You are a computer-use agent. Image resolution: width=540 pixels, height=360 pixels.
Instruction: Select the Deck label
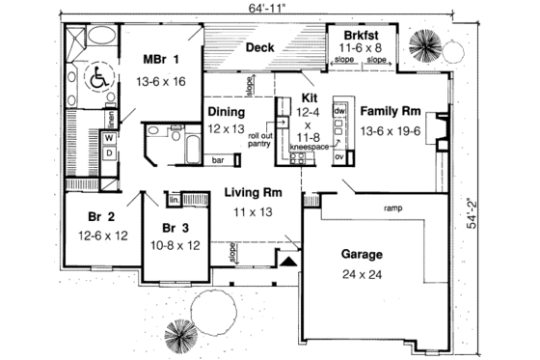(259, 47)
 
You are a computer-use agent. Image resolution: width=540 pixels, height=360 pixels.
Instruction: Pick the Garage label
(362, 255)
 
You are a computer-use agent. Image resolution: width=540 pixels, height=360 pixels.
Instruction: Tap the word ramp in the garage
(392, 208)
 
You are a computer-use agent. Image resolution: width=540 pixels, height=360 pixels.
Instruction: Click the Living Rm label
(253, 193)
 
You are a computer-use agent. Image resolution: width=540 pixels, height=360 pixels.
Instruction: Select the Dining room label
(227, 112)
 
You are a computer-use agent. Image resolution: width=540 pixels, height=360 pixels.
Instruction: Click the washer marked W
(108, 138)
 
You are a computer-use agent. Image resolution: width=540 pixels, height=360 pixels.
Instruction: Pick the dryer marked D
(108, 152)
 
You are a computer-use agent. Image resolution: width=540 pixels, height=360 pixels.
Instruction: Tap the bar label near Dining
(219, 159)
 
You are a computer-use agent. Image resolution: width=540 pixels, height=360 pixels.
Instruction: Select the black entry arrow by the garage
(286, 259)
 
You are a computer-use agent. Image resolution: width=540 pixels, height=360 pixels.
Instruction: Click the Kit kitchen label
(309, 98)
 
